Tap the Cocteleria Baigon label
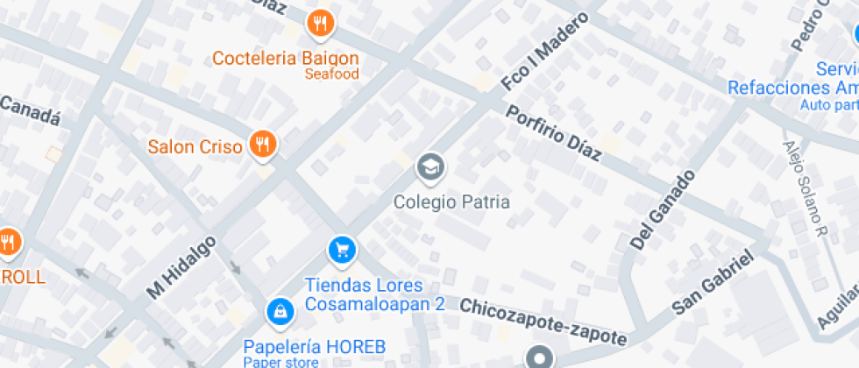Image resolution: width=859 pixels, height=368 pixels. (286, 58)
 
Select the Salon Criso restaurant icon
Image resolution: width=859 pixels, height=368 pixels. (261, 145)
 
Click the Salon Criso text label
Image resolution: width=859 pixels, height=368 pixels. (195, 146)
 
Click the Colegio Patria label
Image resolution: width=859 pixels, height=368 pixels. (451, 202)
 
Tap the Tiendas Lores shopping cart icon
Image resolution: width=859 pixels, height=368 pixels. (342, 251)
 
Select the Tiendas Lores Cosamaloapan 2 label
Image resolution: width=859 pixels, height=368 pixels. (375, 295)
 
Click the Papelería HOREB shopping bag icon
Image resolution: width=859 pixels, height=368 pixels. (279, 310)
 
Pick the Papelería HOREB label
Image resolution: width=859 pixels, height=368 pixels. (315, 346)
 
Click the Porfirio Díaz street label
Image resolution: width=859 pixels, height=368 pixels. (554, 133)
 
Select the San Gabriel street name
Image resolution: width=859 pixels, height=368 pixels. (713, 283)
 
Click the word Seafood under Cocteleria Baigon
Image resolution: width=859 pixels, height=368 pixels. (331, 74)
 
